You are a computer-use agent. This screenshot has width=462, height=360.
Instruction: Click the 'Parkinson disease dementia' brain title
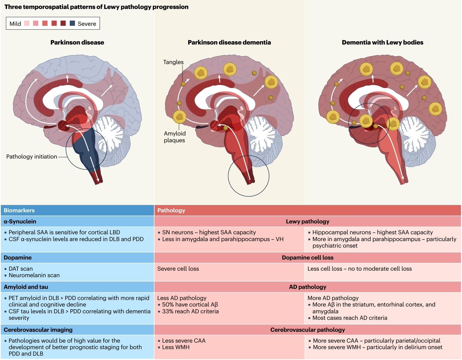pyautogui.click(x=229, y=42)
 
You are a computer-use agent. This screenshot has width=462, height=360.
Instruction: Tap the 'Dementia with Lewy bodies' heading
pyautogui.click(x=382, y=42)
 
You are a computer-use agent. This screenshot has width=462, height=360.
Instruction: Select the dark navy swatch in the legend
pyautogui.click(x=72, y=24)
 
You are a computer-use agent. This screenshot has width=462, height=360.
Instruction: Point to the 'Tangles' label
pyautogui.click(x=173, y=62)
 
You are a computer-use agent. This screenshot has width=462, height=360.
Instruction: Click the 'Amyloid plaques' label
pyautogui.click(x=174, y=137)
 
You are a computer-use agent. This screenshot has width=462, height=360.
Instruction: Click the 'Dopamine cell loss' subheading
pyautogui.click(x=307, y=258)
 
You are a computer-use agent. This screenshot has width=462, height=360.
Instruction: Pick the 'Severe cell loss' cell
pyautogui.click(x=178, y=268)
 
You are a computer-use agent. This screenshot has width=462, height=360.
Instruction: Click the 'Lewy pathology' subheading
pyautogui.click(x=307, y=221)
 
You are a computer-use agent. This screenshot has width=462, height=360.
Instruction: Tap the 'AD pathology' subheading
pyautogui.click(x=307, y=287)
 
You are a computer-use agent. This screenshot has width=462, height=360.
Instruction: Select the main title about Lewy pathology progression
pyautogui.click(x=96, y=7)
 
